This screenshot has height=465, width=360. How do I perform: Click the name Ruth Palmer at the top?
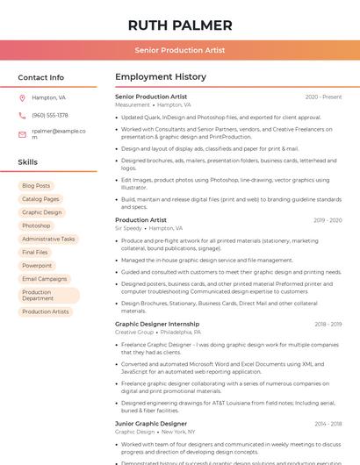click(180, 25)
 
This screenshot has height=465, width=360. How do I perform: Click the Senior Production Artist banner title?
click(180, 51)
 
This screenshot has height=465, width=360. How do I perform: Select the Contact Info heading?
click(41, 77)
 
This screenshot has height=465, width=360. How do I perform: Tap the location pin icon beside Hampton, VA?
click(22, 97)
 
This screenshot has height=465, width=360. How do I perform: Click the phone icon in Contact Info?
click(22, 115)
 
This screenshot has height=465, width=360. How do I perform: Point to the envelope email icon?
click(22, 134)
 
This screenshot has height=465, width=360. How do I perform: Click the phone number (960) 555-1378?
click(50, 115)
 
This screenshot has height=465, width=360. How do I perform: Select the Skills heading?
click(28, 162)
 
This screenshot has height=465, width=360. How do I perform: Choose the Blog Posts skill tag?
click(36, 186)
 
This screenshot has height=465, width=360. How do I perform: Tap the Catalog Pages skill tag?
click(40, 199)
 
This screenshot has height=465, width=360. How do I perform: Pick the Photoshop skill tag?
click(36, 225)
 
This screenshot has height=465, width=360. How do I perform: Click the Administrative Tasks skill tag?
click(48, 239)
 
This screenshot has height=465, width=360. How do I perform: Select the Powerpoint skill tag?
click(37, 265)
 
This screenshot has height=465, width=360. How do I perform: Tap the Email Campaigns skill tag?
click(45, 279)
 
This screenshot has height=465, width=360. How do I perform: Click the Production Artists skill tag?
click(46, 311)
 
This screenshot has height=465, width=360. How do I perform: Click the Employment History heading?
click(161, 77)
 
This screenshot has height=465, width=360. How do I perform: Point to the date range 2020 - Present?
click(323, 97)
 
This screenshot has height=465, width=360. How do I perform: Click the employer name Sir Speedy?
click(128, 228)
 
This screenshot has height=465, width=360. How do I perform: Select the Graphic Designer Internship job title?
click(157, 324)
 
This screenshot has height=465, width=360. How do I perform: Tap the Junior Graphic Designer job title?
click(151, 424)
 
